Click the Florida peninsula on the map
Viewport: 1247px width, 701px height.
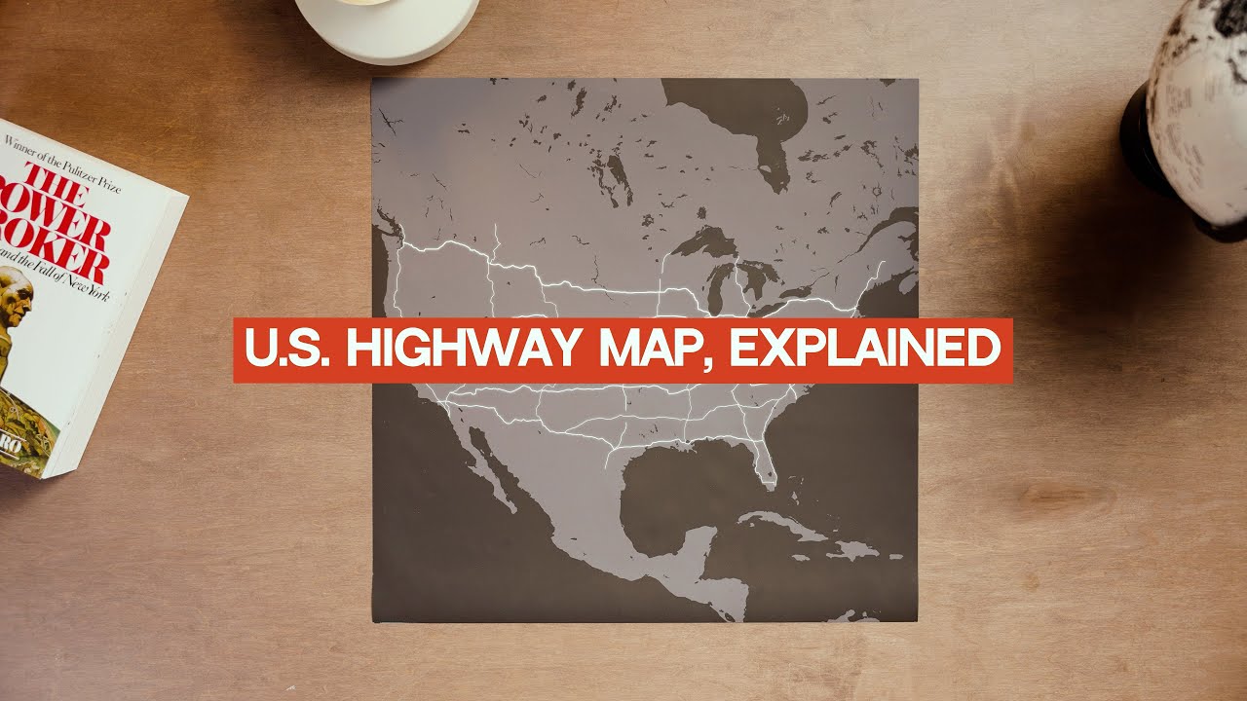pyautogui.click(x=764, y=462)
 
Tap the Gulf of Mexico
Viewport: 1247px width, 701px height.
pyautogui.click(x=682, y=487)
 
